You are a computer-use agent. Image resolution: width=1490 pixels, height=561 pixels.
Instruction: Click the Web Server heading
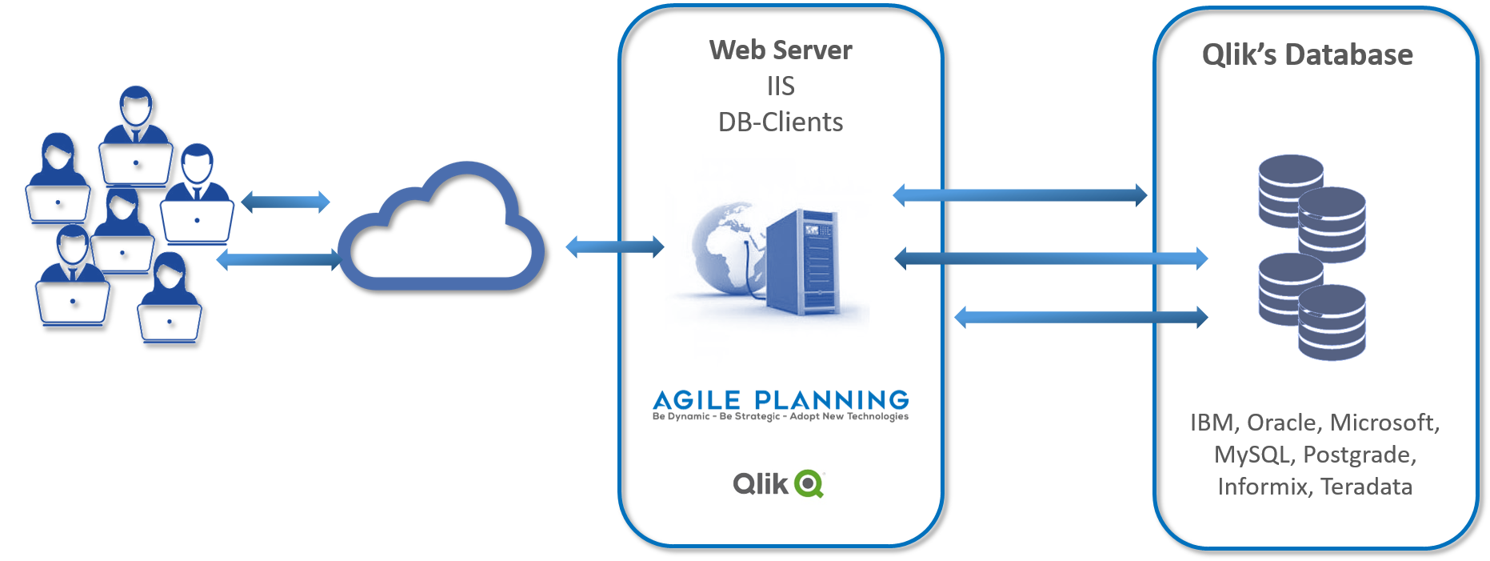pyautogui.click(x=781, y=50)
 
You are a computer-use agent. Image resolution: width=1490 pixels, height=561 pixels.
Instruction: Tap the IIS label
pyautogui.click(x=781, y=86)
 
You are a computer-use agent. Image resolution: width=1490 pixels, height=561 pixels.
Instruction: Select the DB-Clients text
pyautogui.click(x=781, y=122)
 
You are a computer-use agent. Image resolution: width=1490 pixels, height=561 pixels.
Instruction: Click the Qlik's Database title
pyautogui.click(x=1308, y=54)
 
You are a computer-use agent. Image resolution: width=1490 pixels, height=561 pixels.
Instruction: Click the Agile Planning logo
pyautogui.click(x=781, y=405)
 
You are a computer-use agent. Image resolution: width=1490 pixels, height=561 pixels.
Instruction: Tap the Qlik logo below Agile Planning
pyautogui.click(x=778, y=483)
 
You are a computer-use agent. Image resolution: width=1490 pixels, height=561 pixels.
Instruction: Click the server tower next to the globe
pyautogui.click(x=802, y=261)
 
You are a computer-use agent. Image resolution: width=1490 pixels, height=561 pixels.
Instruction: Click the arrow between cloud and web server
pyautogui.click(x=615, y=246)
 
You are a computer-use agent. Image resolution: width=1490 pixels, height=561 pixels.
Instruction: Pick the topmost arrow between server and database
pyautogui.click(x=1020, y=194)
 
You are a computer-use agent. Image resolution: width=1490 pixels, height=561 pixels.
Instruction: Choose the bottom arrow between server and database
pyautogui.click(x=1081, y=317)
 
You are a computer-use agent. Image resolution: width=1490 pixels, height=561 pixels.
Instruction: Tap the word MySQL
pyautogui.click(x=1253, y=455)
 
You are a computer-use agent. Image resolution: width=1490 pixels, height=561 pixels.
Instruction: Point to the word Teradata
pyautogui.click(x=1366, y=487)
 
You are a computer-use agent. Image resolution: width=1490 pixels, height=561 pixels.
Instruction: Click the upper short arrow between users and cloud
pyautogui.click(x=286, y=202)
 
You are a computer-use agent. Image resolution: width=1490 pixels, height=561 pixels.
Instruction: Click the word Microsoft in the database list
pyautogui.click(x=1385, y=423)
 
